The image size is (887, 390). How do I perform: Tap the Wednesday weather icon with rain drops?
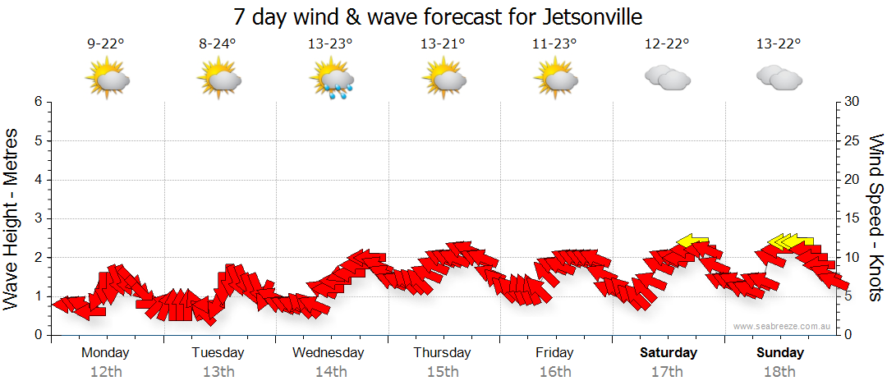[x=331, y=79]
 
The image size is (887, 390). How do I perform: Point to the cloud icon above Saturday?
[x=667, y=78]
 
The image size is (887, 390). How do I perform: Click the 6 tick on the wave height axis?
[x=38, y=102]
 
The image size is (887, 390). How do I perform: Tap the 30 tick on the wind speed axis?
[x=853, y=102]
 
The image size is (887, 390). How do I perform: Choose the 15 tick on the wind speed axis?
[x=853, y=218]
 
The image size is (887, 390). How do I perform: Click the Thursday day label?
[x=442, y=353]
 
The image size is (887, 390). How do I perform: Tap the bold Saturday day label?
[x=668, y=353]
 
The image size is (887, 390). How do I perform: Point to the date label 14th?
[x=330, y=372]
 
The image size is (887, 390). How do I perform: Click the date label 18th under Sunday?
[x=779, y=372]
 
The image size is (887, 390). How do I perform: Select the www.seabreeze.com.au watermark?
[x=784, y=326]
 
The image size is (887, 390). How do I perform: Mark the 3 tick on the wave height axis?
[x=38, y=218]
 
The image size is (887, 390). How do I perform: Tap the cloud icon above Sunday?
[x=779, y=78]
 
